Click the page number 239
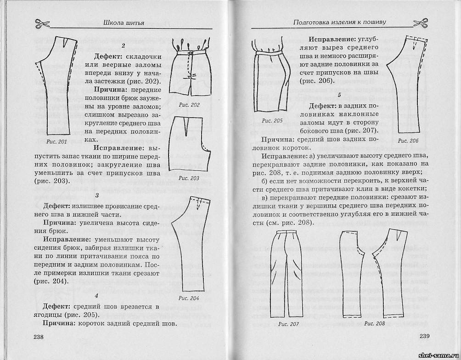click(x=425, y=337)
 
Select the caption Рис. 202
click(x=189, y=105)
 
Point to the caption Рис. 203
click(x=189, y=178)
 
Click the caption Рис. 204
click(x=188, y=298)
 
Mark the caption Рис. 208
click(x=374, y=323)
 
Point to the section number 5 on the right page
click(x=339, y=95)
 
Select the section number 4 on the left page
click(x=124, y=295)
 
